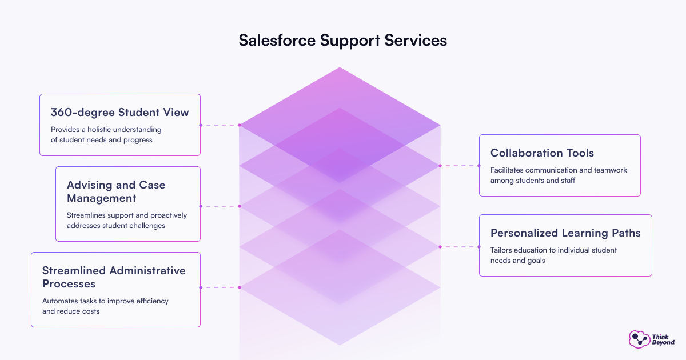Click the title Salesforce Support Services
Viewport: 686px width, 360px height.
click(x=342, y=41)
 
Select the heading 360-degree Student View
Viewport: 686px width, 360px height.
click(x=119, y=113)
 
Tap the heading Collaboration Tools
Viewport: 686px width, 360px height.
click(x=542, y=153)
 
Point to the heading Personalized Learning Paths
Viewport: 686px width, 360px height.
click(x=565, y=233)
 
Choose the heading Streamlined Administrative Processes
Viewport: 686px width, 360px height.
click(x=114, y=277)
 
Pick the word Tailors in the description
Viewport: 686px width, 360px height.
click(x=502, y=250)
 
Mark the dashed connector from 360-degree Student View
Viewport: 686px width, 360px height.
click(x=220, y=125)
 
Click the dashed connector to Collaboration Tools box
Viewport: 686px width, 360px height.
click(x=460, y=166)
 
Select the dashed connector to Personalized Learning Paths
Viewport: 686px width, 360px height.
click(x=460, y=247)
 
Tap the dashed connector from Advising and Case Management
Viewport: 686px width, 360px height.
click(x=220, y=206)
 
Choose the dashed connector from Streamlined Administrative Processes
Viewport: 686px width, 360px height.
click(x=220, y=287)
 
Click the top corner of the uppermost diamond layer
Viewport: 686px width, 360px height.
click(x=340, y=67)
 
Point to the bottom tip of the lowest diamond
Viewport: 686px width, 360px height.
click(x=340, y=345)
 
